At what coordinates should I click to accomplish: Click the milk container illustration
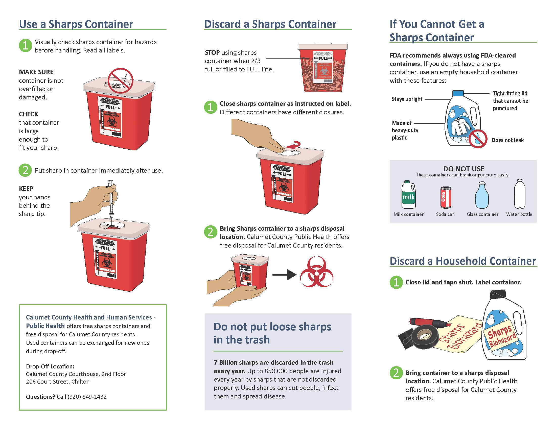pos(408,195)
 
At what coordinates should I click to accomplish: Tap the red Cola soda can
pos(446,198)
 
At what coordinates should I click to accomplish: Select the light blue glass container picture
pos(482,195)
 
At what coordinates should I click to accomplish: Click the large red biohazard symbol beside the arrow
pos(316,272)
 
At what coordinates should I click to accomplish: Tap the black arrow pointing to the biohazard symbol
pos(284,275)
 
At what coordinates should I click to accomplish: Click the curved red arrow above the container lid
pos(293,145)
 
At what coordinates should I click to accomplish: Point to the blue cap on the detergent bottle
pos(458,93)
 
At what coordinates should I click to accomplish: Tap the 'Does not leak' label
pos(507,140)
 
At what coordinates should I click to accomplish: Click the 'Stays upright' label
pos(407,99)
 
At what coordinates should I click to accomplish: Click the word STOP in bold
pos(212,52)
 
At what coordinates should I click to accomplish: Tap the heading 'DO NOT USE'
pos(464,169)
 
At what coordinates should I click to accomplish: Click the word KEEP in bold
pos(26,189)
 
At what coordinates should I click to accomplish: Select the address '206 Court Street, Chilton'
pos(58,382)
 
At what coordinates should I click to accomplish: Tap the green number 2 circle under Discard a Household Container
pos(396,373)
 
